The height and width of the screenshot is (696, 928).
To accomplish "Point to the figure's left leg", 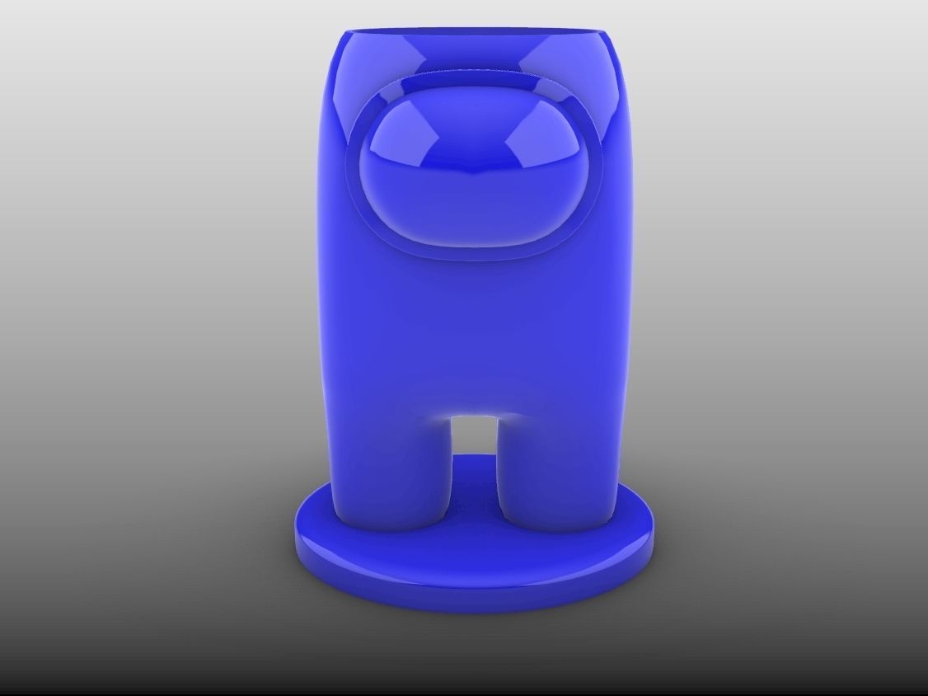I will pyautogui.click(x=391, y=470).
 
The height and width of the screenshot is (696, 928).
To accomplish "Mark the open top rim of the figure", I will pyautogui.click(x=473, y=35).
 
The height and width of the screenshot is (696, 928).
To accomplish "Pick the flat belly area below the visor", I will pyautogui.click(x=473, y=330).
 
